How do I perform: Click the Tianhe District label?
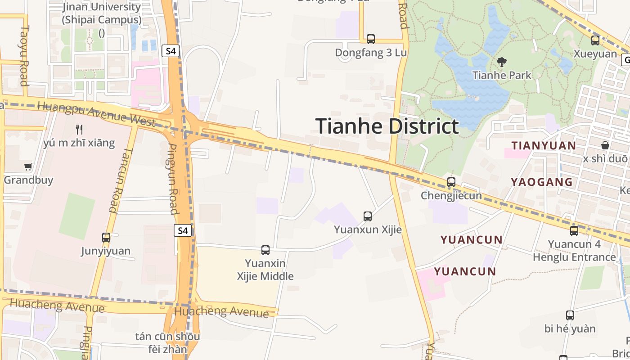[x=387, y=126]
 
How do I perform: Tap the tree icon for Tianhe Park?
[x=501, y=62]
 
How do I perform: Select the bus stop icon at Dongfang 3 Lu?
[x=371, y=39]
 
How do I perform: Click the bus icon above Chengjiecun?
[x=451, y=182]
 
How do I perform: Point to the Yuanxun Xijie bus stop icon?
[x=368, y=216]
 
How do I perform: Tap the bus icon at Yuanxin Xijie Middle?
[x=265, y=250]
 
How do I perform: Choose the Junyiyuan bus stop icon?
[x=106, y=238]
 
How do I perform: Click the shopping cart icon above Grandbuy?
[x=28, y=167]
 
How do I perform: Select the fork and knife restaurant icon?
[x=80, y=130]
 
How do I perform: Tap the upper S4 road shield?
[x=171, y=51]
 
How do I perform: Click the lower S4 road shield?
[x=182, y=231]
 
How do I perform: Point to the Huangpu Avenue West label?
[x=97, y=112]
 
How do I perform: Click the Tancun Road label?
[x=117, y=180]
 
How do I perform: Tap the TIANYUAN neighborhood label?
[x=544, y=145]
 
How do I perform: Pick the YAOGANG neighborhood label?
[x=541, y=182]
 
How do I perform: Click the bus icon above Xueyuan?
[x=595, y=40]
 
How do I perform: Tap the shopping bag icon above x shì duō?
[x=605, y=145]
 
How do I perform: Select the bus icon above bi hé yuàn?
[x=570, y=315]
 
